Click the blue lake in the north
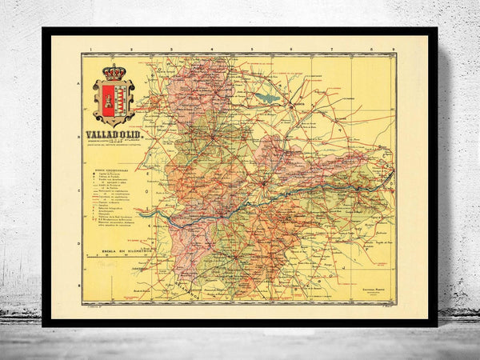pos(266,98)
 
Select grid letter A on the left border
pos(78,83)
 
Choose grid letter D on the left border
pos(78,245)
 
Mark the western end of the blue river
pos(140,214)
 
